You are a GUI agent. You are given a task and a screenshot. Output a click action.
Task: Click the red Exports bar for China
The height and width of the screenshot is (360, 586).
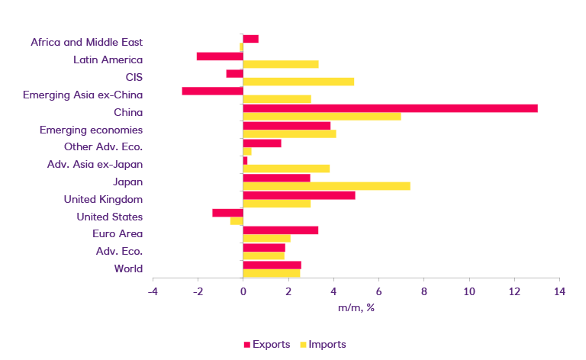[390, 108]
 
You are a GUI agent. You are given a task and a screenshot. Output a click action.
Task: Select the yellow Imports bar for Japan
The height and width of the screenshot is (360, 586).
[327, 186]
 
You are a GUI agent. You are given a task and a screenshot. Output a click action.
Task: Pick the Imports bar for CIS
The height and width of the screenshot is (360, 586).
[298, 82]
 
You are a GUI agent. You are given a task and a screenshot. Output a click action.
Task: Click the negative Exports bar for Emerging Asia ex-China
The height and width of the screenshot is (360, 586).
[213, 91]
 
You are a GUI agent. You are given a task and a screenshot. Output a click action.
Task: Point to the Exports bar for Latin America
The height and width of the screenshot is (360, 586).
[220, 56]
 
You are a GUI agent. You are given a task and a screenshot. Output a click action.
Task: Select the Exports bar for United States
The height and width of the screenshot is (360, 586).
[228, 213]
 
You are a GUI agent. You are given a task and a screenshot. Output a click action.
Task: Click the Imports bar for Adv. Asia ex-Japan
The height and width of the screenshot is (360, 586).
[286, 169]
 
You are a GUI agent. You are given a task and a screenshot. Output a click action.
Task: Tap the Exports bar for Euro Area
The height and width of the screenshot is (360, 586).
[281, 230]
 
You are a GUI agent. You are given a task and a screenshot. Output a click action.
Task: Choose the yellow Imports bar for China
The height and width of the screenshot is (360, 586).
[322, 116]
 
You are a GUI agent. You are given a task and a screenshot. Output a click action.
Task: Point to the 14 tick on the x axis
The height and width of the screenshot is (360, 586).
[559, 292]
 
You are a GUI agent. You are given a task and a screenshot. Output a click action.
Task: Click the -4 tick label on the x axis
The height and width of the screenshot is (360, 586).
[153, 292]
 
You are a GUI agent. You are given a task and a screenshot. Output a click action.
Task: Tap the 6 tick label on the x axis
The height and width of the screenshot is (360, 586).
[378, 292]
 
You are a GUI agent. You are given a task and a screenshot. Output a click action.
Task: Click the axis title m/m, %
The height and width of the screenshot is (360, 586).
[356, 308]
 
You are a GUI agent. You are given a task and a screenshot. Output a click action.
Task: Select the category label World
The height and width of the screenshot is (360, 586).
[128, 268]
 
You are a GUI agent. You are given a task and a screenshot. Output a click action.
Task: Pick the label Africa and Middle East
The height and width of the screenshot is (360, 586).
[87, 43]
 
